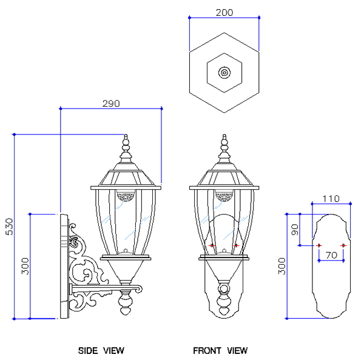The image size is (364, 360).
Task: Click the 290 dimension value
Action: click(x=111, y=104)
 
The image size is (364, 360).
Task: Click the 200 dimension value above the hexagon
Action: click(x=224, y=13)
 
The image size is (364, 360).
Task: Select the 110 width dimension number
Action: click(x=331, y=199)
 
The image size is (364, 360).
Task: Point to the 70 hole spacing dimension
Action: click(x=331, y=255)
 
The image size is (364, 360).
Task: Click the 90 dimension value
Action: click(x=295, y=229)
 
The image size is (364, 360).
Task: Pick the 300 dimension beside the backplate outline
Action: click(x=283, y=265)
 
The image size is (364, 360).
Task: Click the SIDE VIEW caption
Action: click(x=101, y=350)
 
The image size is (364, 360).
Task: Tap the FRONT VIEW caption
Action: click(x=220, y=350)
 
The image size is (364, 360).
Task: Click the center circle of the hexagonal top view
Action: click(x=224, y=73)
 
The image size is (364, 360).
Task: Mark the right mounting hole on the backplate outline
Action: click(x=343, y=245)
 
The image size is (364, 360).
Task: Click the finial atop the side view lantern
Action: click(x=126, y=145)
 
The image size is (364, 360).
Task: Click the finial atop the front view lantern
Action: click(x=224, y=145)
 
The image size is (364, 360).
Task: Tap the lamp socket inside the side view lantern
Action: click(x=126, y=196)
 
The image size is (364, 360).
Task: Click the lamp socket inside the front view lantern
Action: click(x=224, y=196)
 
